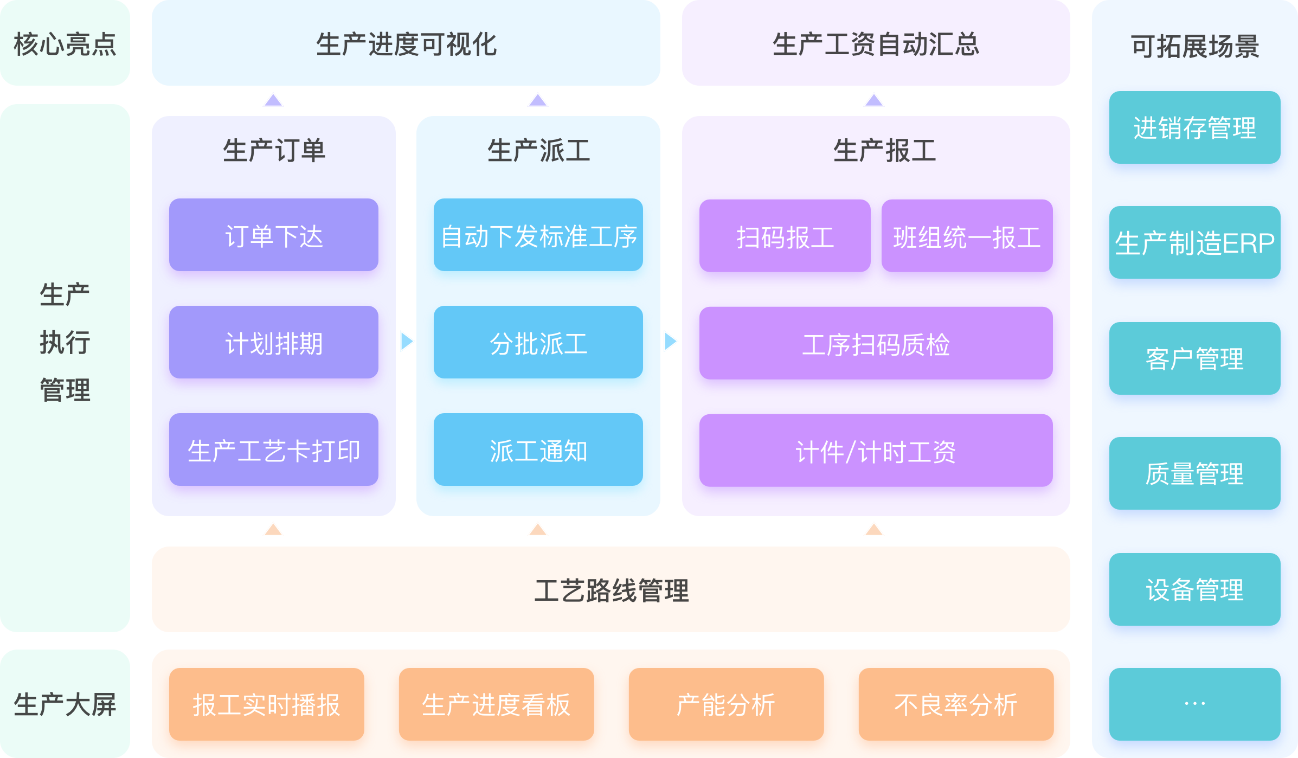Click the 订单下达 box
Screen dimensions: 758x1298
tap(273, 235)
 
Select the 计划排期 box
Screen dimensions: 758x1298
tap(273, 342)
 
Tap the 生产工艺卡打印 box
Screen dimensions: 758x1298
tap(273, 449)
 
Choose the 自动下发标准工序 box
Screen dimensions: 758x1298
tap(538, 235)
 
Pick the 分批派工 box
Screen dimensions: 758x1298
tap(538, 342)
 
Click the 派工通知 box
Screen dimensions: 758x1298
tap(538, 449)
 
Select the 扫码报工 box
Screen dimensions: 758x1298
tap(785, 236)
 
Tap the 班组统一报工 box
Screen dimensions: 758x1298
tap(967, 236)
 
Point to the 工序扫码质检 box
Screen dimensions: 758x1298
tap(876, 343)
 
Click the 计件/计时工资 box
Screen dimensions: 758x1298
tap(876, 451)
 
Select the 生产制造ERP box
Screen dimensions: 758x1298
tap(1194, 242)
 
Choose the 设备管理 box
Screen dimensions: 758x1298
tap(1194, 589)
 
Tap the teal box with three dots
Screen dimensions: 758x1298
tap(1194, 704)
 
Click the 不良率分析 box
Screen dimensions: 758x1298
tap(956, 704)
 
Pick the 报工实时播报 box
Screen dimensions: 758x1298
tap(266, 704)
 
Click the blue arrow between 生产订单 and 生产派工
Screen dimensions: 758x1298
tap(407, 342)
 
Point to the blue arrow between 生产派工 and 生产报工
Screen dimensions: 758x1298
tap(671, 342)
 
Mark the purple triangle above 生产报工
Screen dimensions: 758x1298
tap(874, 100)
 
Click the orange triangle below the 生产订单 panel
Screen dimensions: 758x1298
tap(273, 530)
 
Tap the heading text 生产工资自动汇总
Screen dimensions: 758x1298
tap(876, 43)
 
